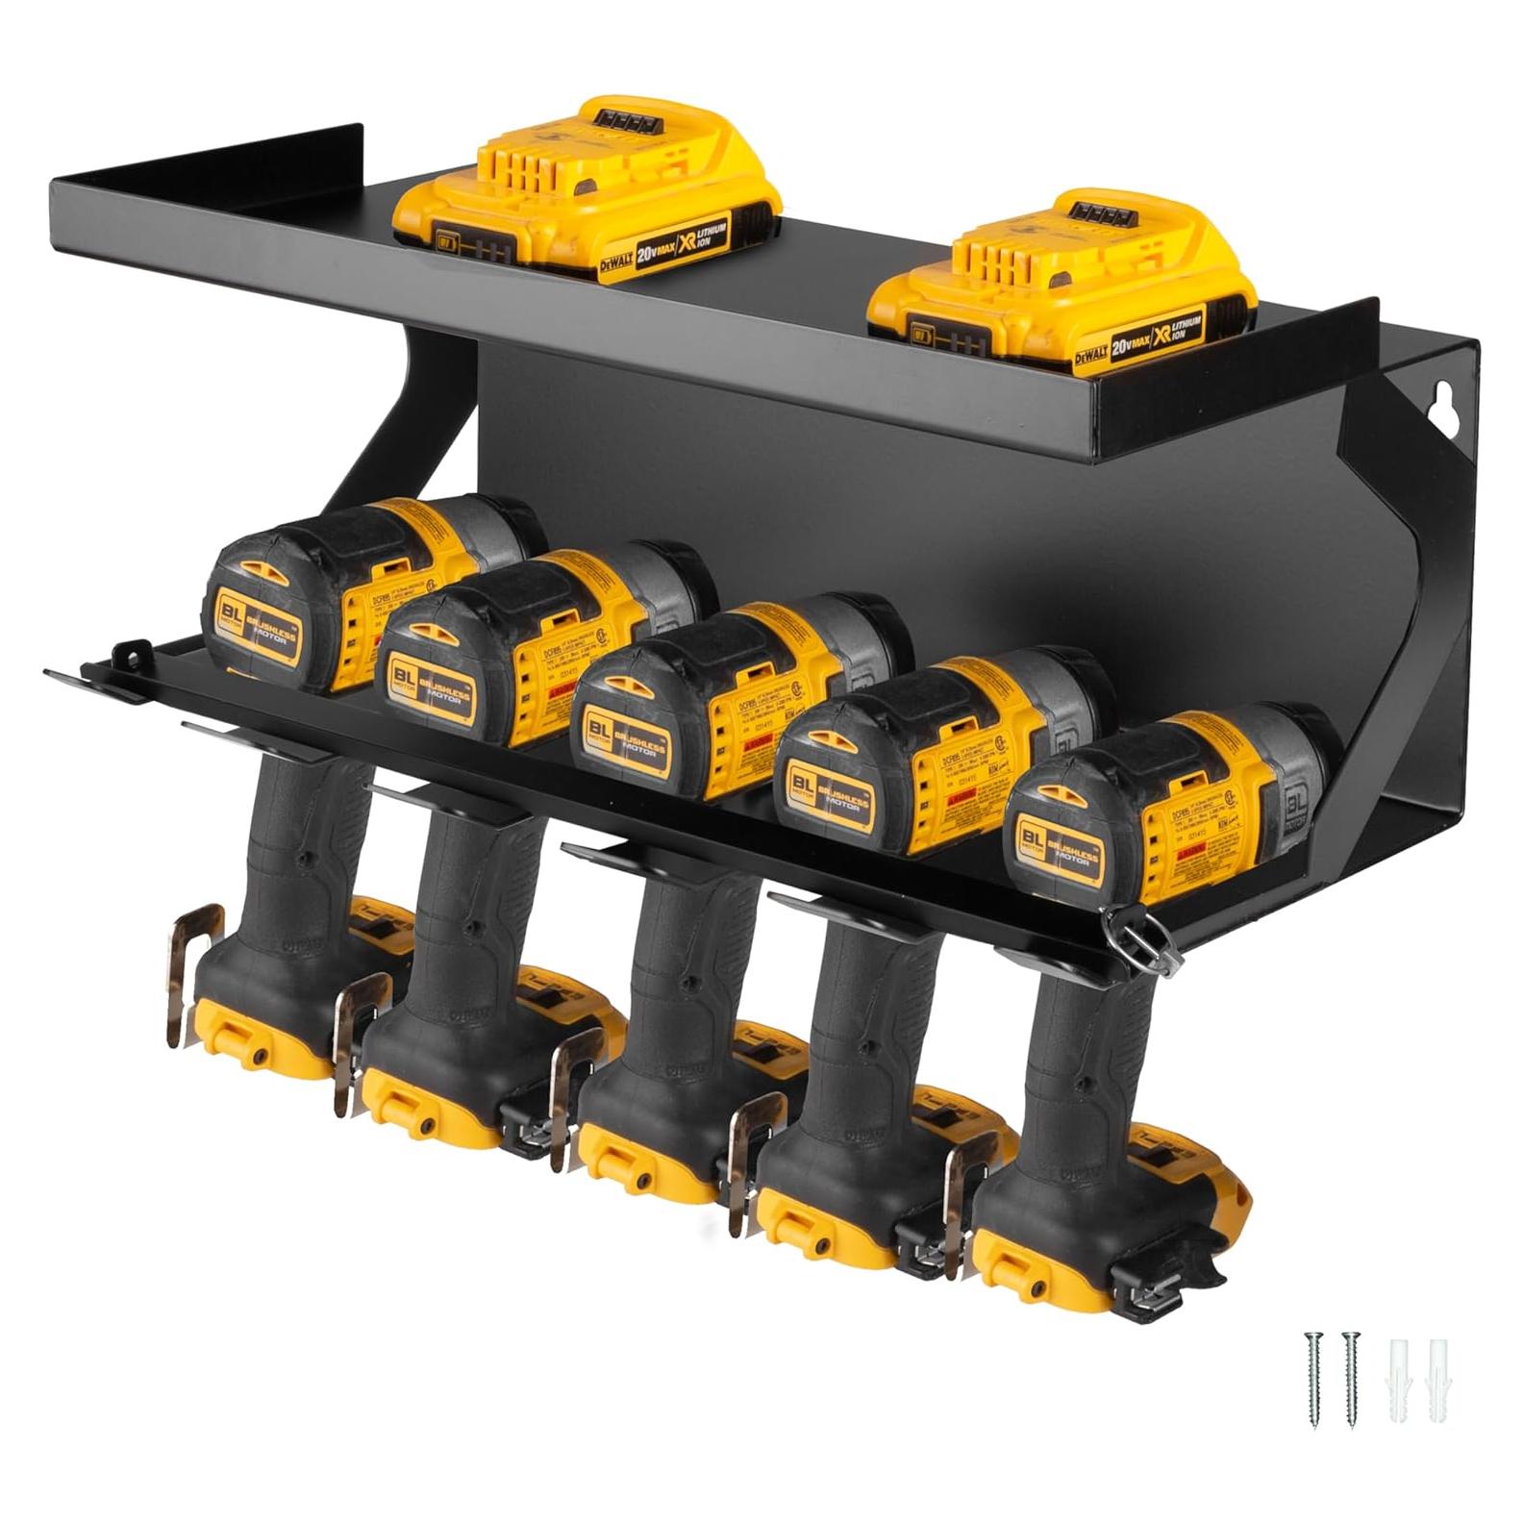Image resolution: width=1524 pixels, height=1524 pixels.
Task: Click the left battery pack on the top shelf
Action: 587,192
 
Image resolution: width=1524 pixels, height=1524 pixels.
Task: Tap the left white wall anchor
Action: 1396,1377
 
